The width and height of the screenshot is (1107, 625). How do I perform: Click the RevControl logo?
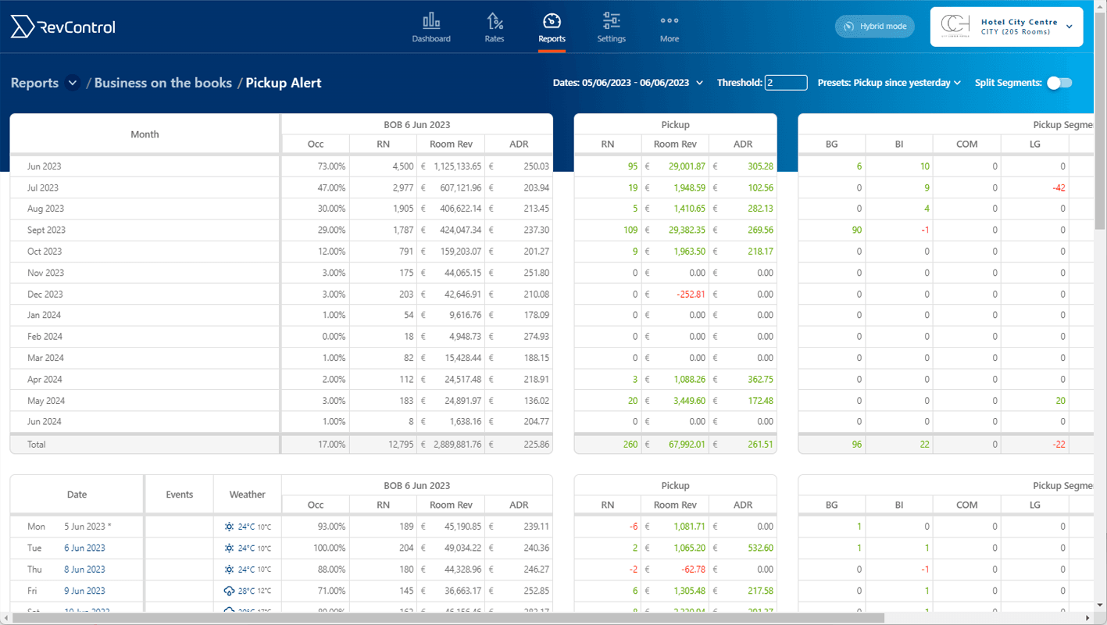point(62,27)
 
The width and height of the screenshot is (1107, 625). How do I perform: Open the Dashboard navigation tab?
point(431,27)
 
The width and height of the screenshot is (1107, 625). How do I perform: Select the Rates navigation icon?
point(495,27)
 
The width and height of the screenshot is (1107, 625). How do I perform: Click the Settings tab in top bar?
point(611,27)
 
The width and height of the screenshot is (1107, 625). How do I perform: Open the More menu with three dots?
point(670,27)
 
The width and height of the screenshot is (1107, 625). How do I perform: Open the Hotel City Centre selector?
point(1006,27)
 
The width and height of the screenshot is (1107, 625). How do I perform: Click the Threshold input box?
point(785,83)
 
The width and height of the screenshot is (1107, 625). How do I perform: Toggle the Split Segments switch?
point(1059,83)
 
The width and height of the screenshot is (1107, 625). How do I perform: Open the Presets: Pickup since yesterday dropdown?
point(889,83)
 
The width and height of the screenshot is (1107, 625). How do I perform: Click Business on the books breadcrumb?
point(163,83)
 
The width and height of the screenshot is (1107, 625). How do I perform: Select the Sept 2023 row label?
point(47,230)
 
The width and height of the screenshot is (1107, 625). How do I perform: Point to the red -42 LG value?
point(1059,187)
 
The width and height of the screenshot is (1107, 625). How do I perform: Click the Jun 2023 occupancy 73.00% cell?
point(328,166)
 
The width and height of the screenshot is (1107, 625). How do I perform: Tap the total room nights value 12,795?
point(395,445)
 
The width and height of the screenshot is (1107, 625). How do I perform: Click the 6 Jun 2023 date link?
point(84,548)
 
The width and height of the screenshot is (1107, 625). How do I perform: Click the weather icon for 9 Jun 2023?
point(230,591)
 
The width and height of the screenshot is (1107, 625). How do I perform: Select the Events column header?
point(179,495)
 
